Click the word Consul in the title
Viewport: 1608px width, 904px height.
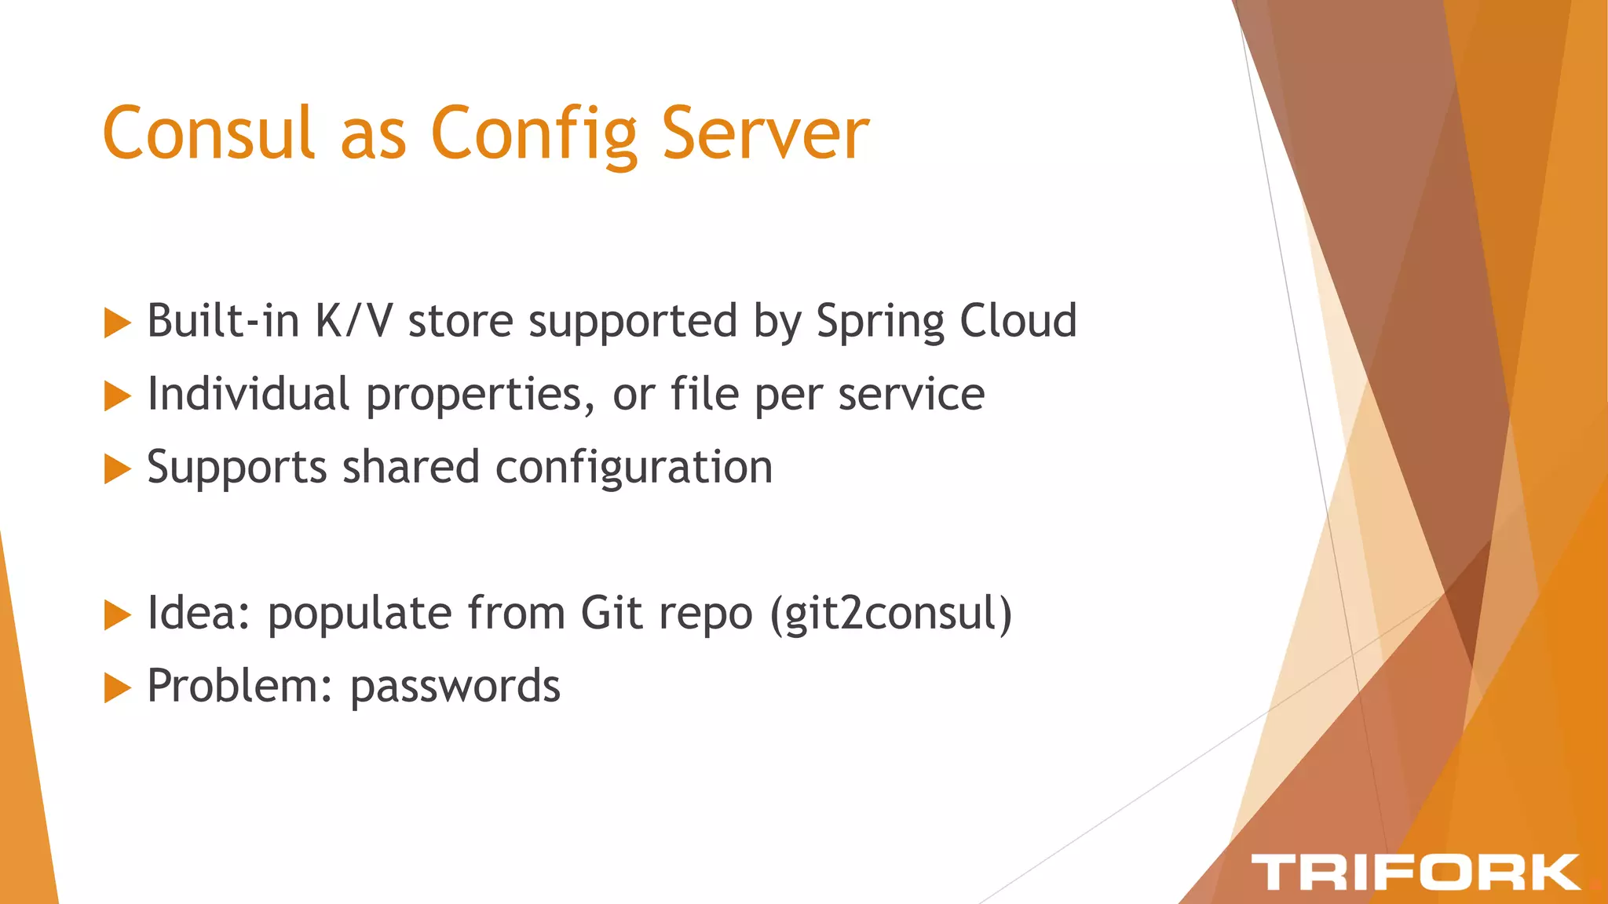(209, 133)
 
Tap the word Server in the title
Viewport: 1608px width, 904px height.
(765, 133)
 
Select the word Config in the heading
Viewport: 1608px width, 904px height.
(534, 135)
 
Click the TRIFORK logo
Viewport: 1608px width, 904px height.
(1415, 872)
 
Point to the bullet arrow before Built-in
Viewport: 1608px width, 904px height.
(117, 323)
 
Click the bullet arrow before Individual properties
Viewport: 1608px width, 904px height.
(117, 396)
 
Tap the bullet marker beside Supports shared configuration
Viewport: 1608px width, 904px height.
(117, 469)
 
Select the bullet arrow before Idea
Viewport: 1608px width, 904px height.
(117, 615)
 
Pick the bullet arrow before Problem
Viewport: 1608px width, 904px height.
(117, 688)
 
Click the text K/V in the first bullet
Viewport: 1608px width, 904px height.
(353, 321)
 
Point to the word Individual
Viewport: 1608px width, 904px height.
(248, 394)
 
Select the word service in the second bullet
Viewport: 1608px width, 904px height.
(911, 395)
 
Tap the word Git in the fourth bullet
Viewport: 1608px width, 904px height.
(612, 613)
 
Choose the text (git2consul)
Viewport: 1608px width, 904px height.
(891, 614)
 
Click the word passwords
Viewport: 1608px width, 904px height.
(455, 687)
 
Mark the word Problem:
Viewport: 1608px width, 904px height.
(239, 687)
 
